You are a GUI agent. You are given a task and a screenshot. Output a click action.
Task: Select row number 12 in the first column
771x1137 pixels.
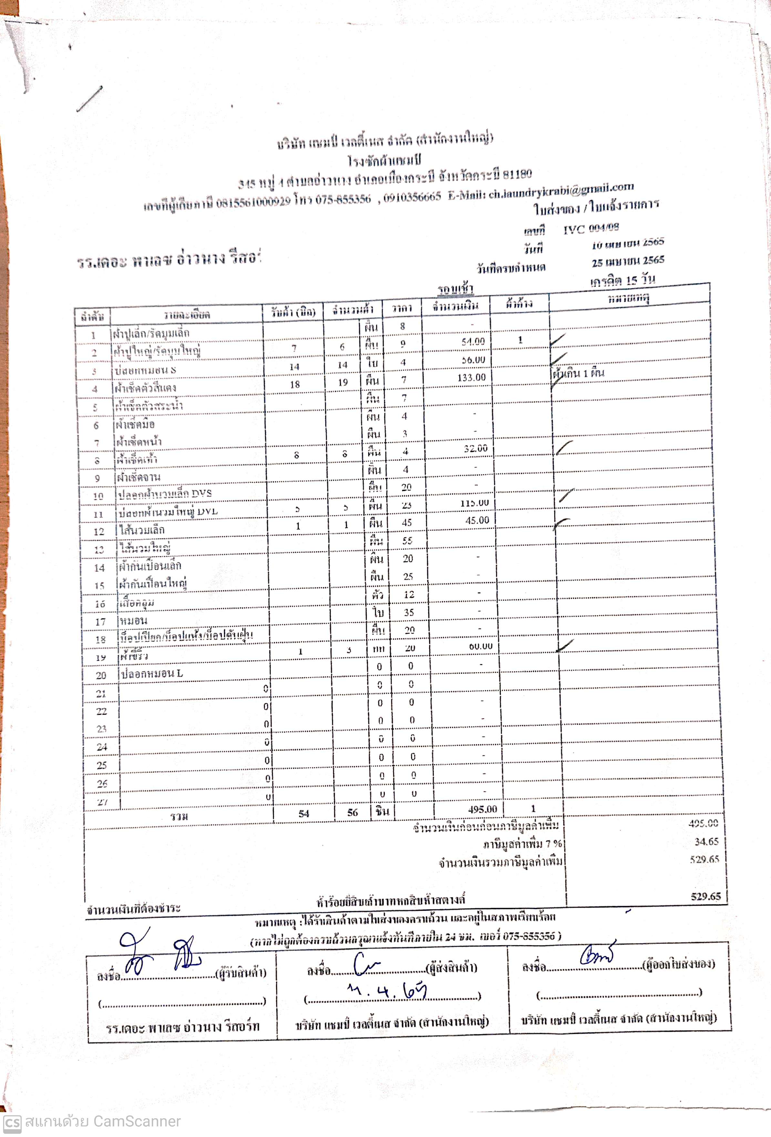pos(99,531)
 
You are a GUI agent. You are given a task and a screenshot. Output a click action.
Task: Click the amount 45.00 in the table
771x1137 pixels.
pos(477,520)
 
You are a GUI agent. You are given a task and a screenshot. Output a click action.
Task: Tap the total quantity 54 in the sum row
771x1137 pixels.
pos(304,813)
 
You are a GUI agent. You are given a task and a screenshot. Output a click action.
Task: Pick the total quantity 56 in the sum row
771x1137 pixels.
pos(352,812)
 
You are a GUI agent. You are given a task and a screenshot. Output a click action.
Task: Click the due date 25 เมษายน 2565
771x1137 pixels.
pos(628,261)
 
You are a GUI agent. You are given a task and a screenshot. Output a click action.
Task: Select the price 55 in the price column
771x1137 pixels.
pos(407,541)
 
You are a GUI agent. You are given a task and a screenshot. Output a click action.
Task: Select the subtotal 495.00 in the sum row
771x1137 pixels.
pos(482,809)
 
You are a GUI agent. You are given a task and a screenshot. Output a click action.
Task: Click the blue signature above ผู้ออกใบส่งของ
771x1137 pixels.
pos(597,955)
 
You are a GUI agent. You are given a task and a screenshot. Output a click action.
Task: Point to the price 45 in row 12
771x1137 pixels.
pos(406,522)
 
